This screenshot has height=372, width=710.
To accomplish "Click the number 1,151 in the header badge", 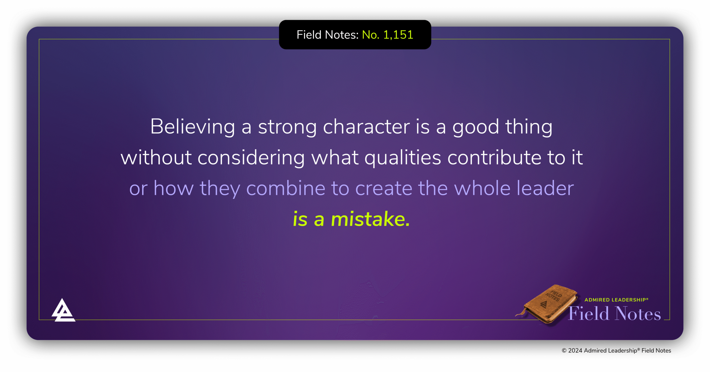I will pyautogui.click(x=398, y=35).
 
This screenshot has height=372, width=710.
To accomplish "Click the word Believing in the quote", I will pyautogui.click(x=192, y=127).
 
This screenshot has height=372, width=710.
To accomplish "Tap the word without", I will pyautogui.click(x=156, y=158).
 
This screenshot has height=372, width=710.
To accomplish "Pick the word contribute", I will pyautogui.click(x=494, y=158).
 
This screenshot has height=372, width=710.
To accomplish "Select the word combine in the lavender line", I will pyautogui.click(x=286, y=188).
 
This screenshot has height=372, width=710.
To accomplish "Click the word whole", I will pyautogui.click(x=482, y=188).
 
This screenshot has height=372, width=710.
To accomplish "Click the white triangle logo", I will pyautogui.click(x=63, y=311).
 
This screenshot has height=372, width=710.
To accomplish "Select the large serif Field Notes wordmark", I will pyautogui.click(x=615, y=314).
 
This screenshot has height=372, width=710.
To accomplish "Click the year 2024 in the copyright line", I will pyautogui.click(x=575, y=351).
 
